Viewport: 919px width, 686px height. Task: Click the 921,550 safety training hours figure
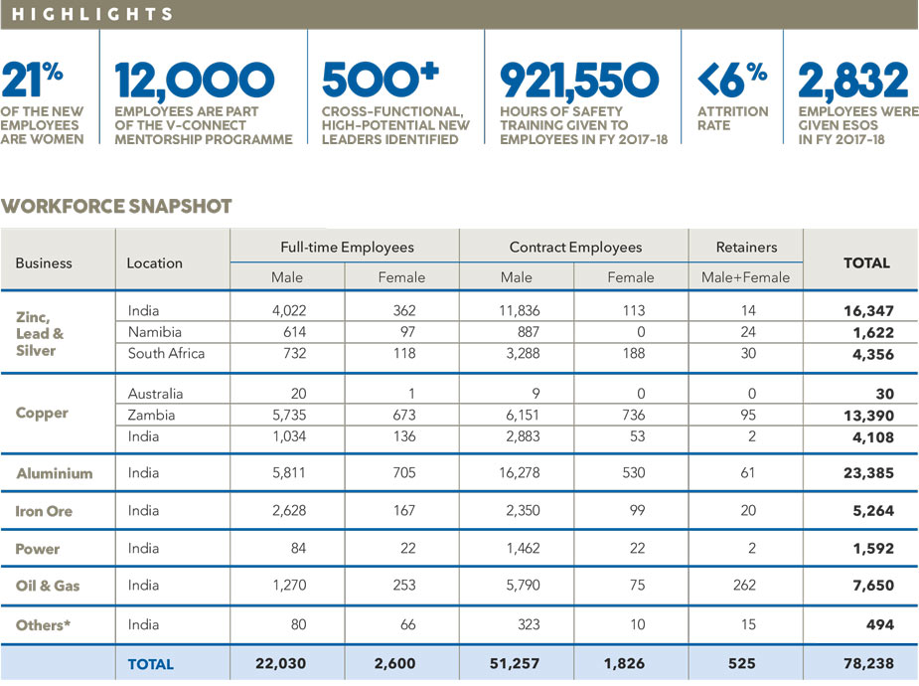(579, 81)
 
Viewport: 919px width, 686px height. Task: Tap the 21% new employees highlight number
(32, 80)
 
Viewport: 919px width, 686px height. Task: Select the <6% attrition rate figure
(732, 80)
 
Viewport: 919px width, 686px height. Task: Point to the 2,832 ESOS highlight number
(852, 81)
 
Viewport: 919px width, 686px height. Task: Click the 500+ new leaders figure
(380, 80)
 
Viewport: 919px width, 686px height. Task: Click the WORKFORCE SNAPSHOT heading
(116, 207)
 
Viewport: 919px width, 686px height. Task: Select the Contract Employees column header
(575, 248)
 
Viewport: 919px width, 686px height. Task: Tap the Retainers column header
(747, 248)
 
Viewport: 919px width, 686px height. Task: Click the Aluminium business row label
(55, 473)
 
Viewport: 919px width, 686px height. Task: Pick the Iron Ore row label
(44, 511)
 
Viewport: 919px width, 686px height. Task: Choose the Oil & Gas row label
(48, 586)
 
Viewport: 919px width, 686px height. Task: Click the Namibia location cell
(155, 332)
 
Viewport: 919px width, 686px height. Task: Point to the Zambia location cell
(151, 416)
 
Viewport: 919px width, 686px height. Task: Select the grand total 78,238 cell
(868, 664)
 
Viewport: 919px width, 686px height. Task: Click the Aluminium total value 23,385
(868, 473)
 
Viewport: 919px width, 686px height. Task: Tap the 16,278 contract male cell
(520, 473)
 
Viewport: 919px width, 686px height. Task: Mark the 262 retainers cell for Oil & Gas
(744, 586)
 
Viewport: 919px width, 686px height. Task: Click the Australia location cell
(155, 394)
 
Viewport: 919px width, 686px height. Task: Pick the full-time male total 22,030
(281, 664)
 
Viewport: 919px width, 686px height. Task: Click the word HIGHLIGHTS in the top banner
(92, 14)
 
